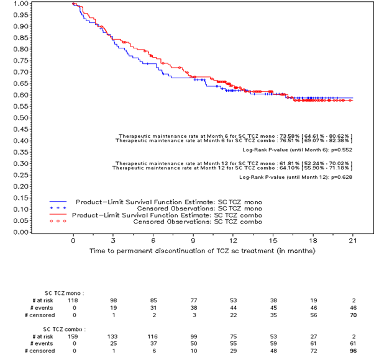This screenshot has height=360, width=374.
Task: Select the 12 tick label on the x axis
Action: [x=233, y=240]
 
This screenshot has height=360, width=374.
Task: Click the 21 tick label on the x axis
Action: [x=352, y=240]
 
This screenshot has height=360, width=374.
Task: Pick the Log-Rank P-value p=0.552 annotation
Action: [x=297, y=151]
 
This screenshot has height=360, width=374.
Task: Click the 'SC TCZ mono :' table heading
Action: [x=64, y=292]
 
